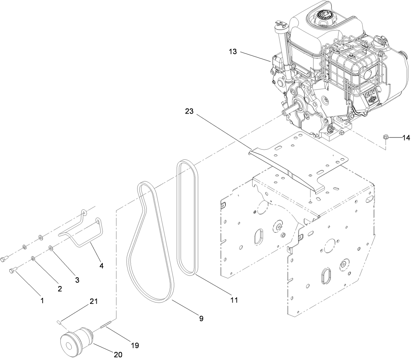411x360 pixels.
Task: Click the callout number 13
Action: (x=233, y=52)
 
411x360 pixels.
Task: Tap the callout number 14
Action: (x=406, y=137)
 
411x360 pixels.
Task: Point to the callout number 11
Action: (x=234, y=300)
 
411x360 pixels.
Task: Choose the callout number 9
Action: (x=201, y=318)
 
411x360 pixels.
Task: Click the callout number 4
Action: (x=101, y=266)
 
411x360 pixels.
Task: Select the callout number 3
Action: (x=77, y=280)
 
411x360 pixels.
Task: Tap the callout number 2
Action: (x=60, y=289)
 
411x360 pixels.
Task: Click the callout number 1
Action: (x=42, y=301)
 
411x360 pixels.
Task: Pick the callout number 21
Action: (x=93, y=302)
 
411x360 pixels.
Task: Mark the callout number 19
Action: (x=135, y=345)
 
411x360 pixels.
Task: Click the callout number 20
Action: (x=118, y=354)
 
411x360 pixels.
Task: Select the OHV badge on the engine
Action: (x=371, y=99)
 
